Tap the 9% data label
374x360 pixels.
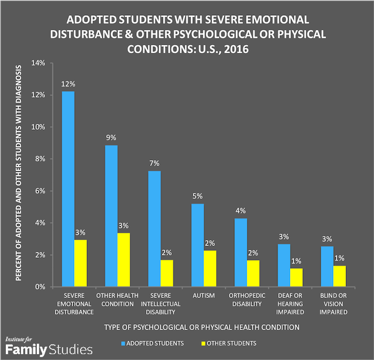coord(111,138)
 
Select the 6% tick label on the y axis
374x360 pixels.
coord(38,191)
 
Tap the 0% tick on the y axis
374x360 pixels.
coord(38,286)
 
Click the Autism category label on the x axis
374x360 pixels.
coord(198,296)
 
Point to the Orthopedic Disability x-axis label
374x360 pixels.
coord(241,299)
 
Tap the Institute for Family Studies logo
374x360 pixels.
coord(48,346)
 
